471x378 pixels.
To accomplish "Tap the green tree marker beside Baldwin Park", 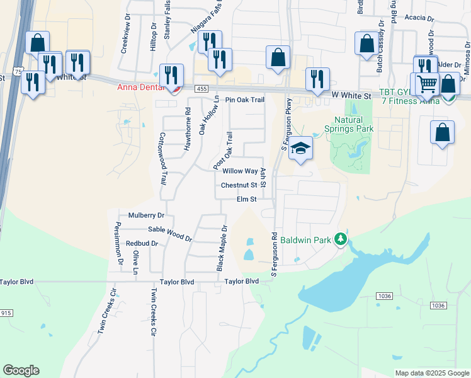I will pyautogui.click(x=341, y=239).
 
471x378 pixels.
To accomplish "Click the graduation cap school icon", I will pyautogui.click(x=301, y=149).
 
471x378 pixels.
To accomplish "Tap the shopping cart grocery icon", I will pyautogui.click(x=427, y=84).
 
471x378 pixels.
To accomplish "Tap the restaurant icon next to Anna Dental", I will pyautogui.click(x=171, y=76).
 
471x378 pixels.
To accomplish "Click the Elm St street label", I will pyautogui.click(x=246, y=199).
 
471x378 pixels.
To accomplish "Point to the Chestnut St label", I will pyautogui.click(x=239, y=185).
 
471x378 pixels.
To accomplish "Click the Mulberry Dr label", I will pyautogui.click(x=146, y=215).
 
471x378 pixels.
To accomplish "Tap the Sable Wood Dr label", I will pyautogui.click(x=169, y=234).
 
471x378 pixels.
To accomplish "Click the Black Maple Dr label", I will pyautogui.click(x=222, y=249).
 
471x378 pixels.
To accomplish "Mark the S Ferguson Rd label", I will pyautogui.click(x=274, y=255).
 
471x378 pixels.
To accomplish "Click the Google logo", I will pyautogui.click(x=21, y=370).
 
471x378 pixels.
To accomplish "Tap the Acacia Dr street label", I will pyautogui.click(x=421, y=18).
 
